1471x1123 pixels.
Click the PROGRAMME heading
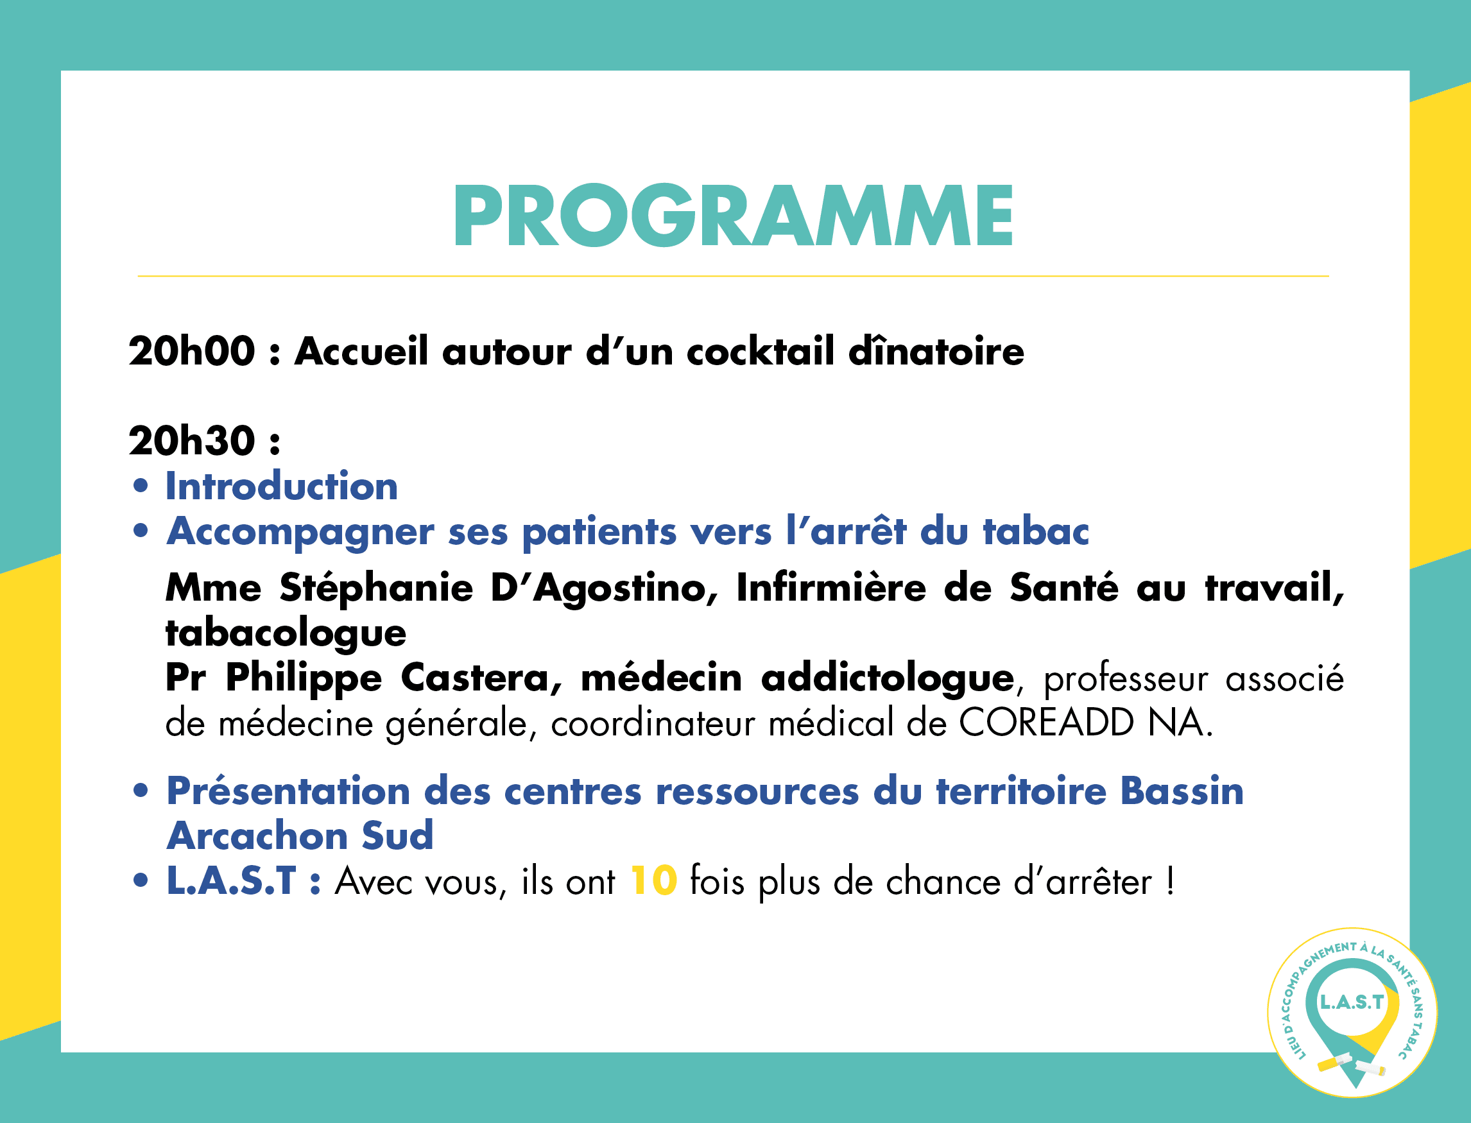pos(734,215)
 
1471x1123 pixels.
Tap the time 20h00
pos(192,351)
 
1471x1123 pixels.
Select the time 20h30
pos(192,441)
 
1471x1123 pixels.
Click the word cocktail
pos(761,351)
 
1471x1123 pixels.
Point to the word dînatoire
pos(936,351)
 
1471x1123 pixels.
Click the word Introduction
pos(282,486)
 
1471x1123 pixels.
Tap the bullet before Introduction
pos(141,486)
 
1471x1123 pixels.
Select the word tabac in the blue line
pos(1036,531)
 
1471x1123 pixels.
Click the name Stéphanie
pos(377,588)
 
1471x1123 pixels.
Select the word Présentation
pos(288,791)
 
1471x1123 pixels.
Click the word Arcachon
pos(257,836)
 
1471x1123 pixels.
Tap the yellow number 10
pos(653,882)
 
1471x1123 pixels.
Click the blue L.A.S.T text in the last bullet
pos(231,882)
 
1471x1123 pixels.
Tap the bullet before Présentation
pos(141,791)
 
